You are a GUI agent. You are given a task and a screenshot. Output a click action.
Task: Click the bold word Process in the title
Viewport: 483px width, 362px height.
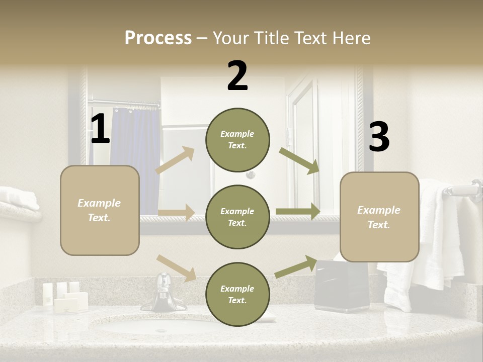tap(158, 38)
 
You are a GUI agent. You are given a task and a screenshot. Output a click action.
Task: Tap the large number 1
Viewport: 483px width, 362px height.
tap(100, 129)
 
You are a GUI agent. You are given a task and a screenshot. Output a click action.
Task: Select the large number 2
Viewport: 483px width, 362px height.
tap(237, 76)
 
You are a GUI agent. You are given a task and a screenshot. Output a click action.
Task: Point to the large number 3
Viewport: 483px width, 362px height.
tap(379, 137)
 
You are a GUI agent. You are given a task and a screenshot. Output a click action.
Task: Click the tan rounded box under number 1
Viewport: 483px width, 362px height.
tap(100, 210)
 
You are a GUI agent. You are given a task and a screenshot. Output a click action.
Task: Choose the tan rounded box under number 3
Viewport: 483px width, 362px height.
tap(379, 217)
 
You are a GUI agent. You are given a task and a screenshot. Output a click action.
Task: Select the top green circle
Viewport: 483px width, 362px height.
tap(237, 140)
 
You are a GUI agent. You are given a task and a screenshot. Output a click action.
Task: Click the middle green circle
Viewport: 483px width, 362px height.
tap(237, 217)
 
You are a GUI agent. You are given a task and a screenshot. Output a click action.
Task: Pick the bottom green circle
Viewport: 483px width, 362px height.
tap(237, 294)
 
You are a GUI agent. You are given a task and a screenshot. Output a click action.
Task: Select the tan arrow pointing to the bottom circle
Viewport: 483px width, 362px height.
tap(177, 267)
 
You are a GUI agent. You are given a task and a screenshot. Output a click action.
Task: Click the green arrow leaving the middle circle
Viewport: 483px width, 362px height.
tap(298, 212)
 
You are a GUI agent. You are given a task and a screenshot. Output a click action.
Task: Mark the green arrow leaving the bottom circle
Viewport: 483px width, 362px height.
tap(296, 267)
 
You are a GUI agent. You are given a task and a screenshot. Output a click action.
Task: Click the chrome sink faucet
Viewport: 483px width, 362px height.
tap(164, 294)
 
